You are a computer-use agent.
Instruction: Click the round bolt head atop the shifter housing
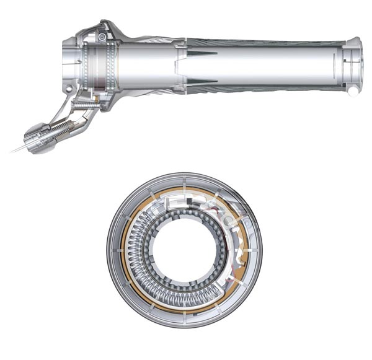click(101, 39)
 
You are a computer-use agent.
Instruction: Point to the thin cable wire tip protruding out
click(14, 149)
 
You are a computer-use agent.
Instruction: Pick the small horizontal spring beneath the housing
click(84, 107)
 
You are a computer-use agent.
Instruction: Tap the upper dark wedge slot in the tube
click(203, 53)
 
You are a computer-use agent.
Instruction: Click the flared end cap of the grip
click(355, 62)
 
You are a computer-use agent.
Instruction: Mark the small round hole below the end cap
click(352, 90)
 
